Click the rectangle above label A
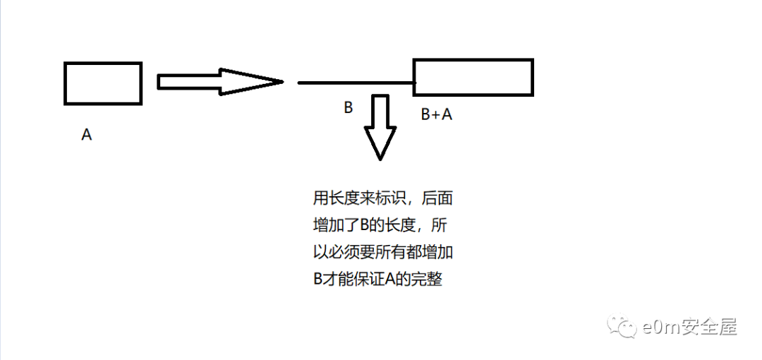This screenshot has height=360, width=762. coord(103,83)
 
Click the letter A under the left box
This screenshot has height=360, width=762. coord(87,135)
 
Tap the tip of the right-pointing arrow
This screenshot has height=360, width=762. coord(282,82)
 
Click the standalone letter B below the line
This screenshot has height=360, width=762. coord(348,108)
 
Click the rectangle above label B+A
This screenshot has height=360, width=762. coord(473,77)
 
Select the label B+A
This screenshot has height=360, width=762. coord(436,114)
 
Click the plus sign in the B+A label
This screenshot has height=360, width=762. coord(436,114)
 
